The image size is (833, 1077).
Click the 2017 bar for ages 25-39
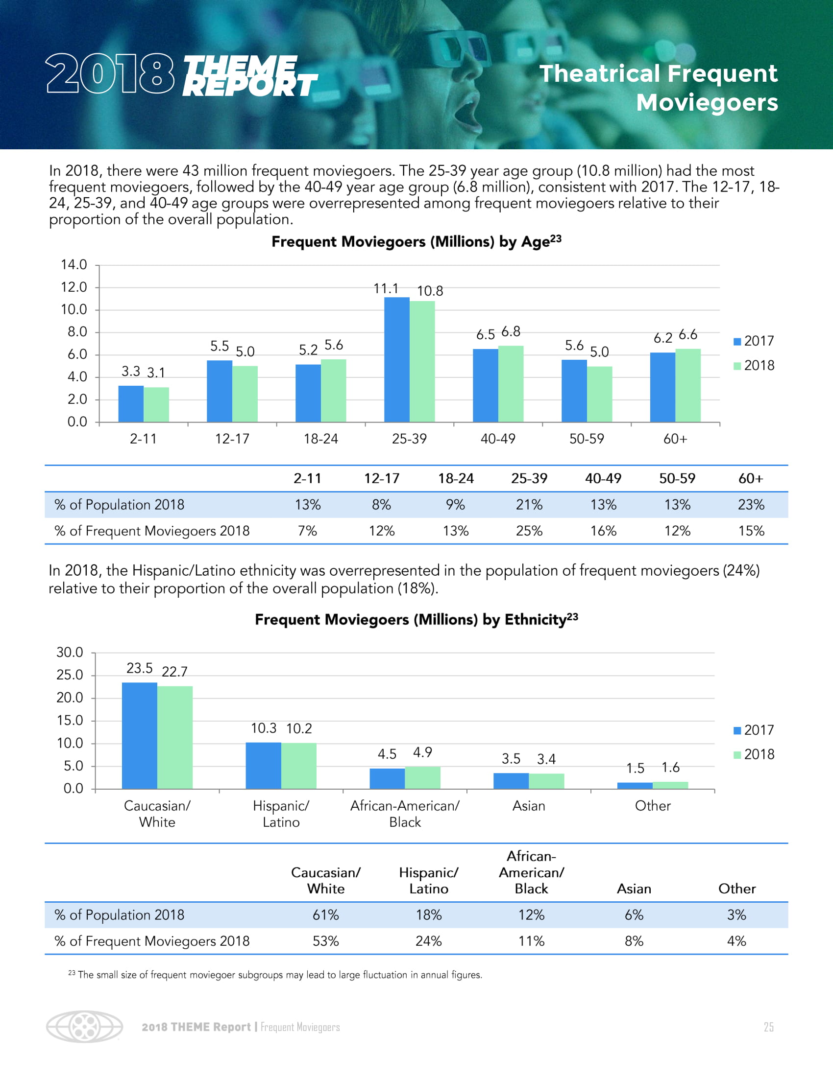[397, 359]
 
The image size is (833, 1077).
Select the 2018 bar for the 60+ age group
[688, 385]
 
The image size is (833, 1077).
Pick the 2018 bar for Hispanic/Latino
[299, 765]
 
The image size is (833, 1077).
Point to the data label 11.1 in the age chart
[386, 288]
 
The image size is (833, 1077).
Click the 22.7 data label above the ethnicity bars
[175, 672]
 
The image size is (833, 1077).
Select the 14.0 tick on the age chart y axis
[73, 265]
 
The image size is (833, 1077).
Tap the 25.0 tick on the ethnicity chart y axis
[70, 675]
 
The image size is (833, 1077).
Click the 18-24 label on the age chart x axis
[321, 439]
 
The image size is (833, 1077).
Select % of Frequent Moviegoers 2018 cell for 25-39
[529, 531]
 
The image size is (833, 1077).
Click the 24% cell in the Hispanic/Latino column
[428, 941]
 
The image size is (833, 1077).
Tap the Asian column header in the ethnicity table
[634, 889]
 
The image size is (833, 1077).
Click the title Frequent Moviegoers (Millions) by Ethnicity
[416, 619]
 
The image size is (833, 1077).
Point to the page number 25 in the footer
[768, 1027]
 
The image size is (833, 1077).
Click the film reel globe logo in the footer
[84, 1027]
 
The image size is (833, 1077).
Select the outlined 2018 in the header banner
[110, 74]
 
